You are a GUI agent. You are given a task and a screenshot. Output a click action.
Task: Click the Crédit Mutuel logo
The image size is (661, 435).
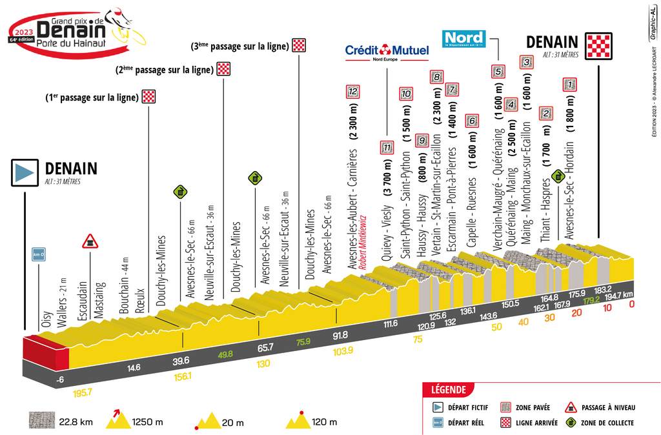[387, 51]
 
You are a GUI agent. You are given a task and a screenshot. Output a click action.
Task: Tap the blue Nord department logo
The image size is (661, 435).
[464, 39]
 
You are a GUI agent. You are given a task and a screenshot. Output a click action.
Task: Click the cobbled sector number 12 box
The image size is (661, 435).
[352, 92]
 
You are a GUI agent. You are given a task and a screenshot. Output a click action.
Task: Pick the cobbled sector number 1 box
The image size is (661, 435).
[569, 83]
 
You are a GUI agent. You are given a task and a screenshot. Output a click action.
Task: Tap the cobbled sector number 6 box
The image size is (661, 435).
[473, 120]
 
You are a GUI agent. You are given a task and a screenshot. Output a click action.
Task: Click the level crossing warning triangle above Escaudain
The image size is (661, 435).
[89, 241]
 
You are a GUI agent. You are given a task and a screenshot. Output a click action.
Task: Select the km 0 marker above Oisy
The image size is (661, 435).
[39, 254]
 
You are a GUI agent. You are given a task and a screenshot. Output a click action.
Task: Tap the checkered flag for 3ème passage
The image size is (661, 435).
[299, 45]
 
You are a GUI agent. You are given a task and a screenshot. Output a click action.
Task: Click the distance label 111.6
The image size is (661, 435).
[391, 323]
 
